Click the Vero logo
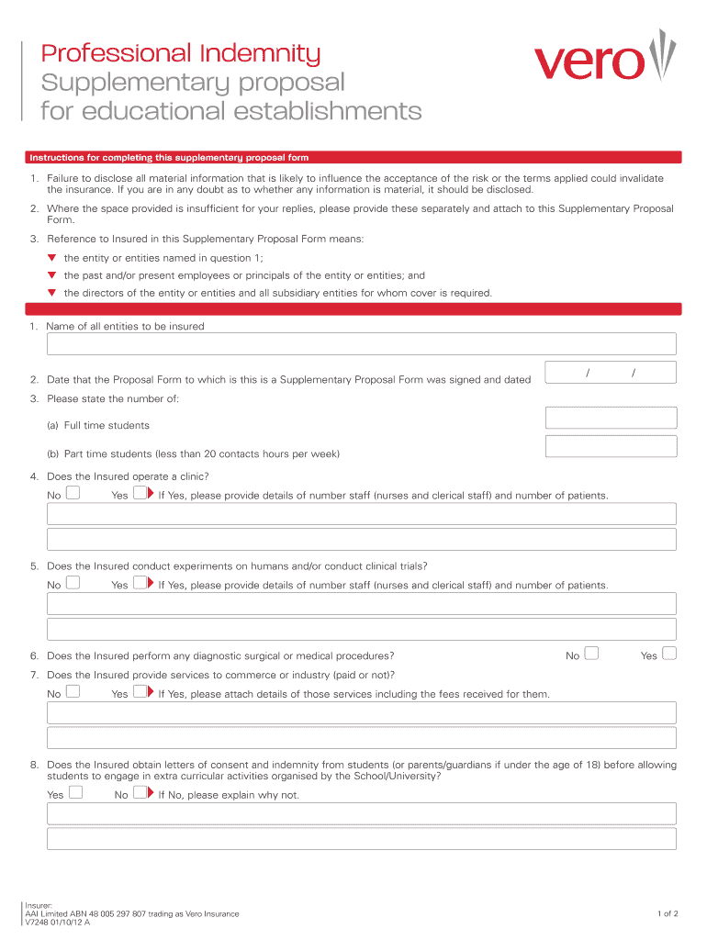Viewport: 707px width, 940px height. point(605,59)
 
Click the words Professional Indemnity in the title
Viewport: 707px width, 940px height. point(181,54)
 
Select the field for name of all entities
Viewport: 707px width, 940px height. point(361,344)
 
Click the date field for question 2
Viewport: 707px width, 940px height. point(611,372)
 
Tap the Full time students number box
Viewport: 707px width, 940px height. point(611,419)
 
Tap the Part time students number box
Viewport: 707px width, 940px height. point(611,447)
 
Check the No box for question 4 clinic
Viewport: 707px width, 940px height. point(73,494)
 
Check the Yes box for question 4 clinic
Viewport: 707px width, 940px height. point(140,494)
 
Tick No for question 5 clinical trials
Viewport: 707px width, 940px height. point(73,584)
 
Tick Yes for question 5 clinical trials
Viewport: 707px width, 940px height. point(140,584)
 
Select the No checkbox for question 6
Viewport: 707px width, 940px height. point(592,654)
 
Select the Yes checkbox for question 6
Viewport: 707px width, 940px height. point(669,654)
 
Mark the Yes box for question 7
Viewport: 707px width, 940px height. point(140,692)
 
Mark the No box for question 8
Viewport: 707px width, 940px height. point(140,793)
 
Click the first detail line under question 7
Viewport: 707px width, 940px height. point(361,713)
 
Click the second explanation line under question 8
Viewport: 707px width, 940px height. point(361,839)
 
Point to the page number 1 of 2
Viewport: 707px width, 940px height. point(668,913)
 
